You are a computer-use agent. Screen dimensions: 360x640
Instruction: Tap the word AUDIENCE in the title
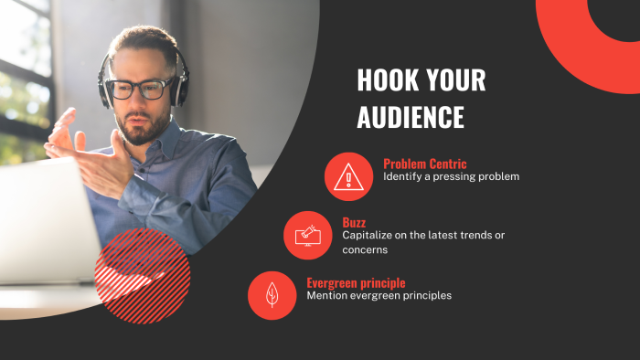click(411, 117)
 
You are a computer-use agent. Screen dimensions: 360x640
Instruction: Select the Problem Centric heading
click(425, 164)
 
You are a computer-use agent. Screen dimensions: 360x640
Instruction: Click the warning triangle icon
click(348, 176)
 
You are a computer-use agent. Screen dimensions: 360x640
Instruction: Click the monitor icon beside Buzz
click(307, 236)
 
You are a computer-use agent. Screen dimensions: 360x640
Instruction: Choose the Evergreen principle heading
click(356, 282)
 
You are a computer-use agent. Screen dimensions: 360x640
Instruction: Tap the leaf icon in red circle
click(272, 295)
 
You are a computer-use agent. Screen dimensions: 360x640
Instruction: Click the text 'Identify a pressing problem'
click(451, 176)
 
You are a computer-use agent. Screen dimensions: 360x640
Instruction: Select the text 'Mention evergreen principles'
click(379, 295)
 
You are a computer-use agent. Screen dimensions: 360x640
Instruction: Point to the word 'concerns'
click(366, 249)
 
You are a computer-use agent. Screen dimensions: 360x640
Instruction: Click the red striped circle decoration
click(142, 275)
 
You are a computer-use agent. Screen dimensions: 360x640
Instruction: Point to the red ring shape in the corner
click(585, 41)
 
